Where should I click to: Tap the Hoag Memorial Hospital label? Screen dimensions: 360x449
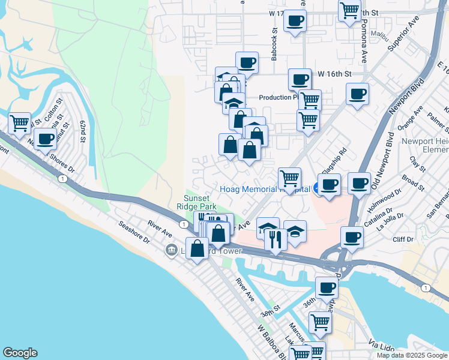[264, 189]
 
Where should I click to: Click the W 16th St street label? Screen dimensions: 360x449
[334, 74]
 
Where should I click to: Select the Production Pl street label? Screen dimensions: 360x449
[278, 97]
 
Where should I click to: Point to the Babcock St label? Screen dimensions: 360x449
[274, 45]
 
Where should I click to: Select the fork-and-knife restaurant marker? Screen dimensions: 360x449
[276, 240]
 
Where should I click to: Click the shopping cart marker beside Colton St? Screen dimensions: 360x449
[19, 124]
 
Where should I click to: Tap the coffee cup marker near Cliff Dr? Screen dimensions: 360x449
[352, 236]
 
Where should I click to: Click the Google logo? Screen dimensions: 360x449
[20, 353]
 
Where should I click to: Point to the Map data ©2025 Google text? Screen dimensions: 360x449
[411, 355]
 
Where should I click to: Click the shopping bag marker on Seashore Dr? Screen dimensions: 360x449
[197, 248]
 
